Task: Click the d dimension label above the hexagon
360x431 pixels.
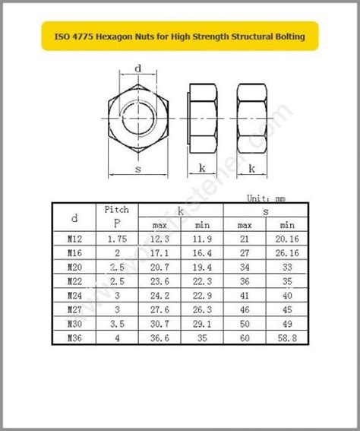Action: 137,68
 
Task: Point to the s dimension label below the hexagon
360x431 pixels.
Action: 137,169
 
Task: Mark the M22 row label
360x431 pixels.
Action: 74,282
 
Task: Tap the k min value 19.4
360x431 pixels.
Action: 201,268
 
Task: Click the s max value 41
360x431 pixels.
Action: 244,295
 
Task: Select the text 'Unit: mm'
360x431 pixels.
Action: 265,198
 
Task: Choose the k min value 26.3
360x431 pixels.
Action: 201,309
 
